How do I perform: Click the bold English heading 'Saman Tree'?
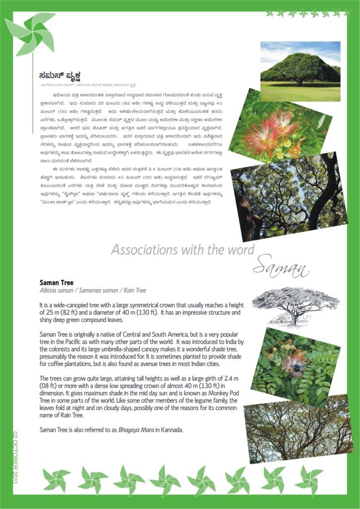pyautogui.click(x=56, y=282)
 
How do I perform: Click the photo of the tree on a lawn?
pyautogui.click(x=300, y=71)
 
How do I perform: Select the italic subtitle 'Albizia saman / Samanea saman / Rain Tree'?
pyautogui.click(x=92, y=290)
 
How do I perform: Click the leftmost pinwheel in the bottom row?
pyautogui.click(x=56, y=480)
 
